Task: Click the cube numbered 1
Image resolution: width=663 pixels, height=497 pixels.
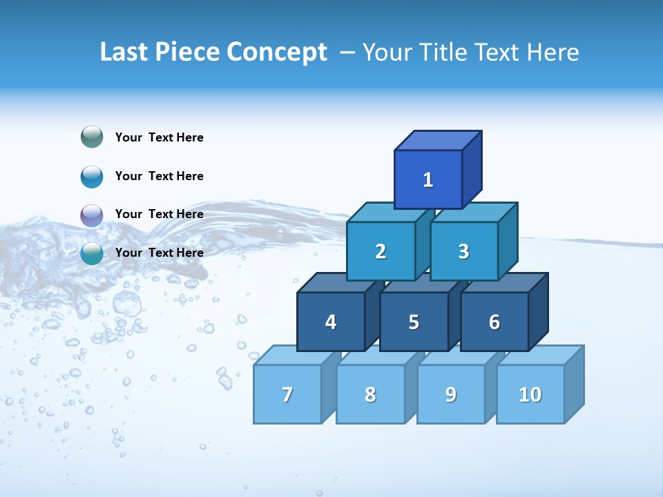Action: [x=428, y=179]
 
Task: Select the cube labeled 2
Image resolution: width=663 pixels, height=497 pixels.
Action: [x=381, y=251]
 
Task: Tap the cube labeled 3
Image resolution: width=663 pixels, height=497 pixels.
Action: [x=463, y=251]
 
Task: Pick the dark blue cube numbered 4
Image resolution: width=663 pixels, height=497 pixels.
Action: [x=331, y=322]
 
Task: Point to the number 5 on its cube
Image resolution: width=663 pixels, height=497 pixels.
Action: [x=414, y=322]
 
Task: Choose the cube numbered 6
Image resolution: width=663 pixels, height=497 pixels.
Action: [x=494, y=322]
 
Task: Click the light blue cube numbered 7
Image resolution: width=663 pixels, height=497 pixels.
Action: [x=287, y=394]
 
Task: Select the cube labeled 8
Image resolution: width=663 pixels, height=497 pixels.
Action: [x=370, y=394]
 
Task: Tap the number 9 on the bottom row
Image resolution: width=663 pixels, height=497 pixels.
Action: [x=450, y=394]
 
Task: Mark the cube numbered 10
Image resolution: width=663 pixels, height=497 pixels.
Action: [x=530, y=394]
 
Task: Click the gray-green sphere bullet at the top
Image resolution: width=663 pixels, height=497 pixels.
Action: [x=92, y=137]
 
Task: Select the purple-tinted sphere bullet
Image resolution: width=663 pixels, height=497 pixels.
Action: [x=92, y=215]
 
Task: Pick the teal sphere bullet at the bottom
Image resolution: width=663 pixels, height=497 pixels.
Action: [x=92, y=253]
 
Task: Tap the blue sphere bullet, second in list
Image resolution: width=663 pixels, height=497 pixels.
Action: [x=92, y=177]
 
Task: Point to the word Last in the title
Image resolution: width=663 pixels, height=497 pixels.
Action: [x=124, y=52]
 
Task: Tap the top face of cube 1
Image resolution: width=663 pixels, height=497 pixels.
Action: [x=438, y=141]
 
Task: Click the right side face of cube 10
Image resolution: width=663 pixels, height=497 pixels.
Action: [x=574, y=384]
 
